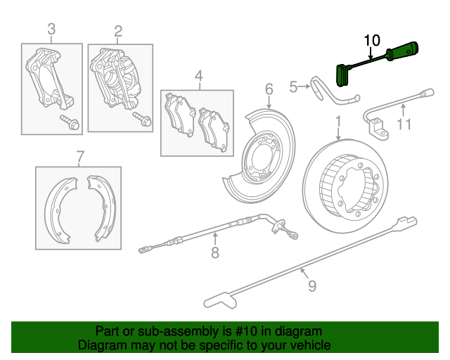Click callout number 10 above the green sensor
point(371,39)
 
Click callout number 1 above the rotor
point(338,121)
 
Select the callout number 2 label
point(118,30)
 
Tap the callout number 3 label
point(51,29)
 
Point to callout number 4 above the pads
point(198,76)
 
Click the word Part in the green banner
point(108,331)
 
